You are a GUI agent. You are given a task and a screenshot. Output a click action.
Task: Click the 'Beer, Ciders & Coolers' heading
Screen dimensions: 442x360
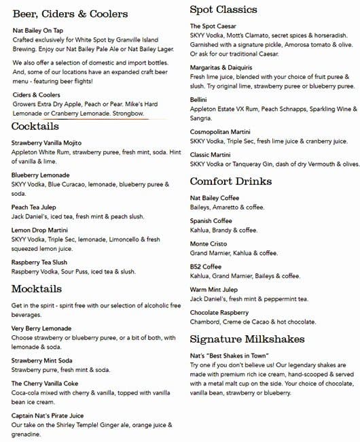pos(70,14)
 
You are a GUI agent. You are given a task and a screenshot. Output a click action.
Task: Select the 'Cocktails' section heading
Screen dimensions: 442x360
pos(35,127)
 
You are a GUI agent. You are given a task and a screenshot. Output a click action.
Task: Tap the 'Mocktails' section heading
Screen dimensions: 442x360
pos(37,289)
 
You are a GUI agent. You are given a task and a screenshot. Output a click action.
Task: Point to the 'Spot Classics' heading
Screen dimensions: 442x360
pos(223,10)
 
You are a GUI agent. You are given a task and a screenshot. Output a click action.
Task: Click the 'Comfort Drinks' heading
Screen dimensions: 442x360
pos(231,182)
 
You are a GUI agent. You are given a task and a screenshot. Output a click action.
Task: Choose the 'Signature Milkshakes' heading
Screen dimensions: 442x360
pos(247,339)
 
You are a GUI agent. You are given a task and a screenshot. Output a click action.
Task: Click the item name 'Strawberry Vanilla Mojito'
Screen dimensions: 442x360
pos(47,143)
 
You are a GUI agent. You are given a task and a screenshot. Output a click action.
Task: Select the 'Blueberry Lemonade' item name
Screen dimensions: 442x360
pos(40,175)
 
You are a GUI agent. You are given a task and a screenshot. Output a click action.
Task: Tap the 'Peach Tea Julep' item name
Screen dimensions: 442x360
pos(34,207)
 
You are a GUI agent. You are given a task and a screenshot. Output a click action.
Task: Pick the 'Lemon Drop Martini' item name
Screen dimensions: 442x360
pos(39,231)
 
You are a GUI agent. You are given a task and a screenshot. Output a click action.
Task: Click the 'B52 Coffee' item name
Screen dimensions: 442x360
pos(206,267)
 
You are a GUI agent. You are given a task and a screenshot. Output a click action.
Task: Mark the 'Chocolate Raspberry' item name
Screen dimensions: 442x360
pos(219,312)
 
